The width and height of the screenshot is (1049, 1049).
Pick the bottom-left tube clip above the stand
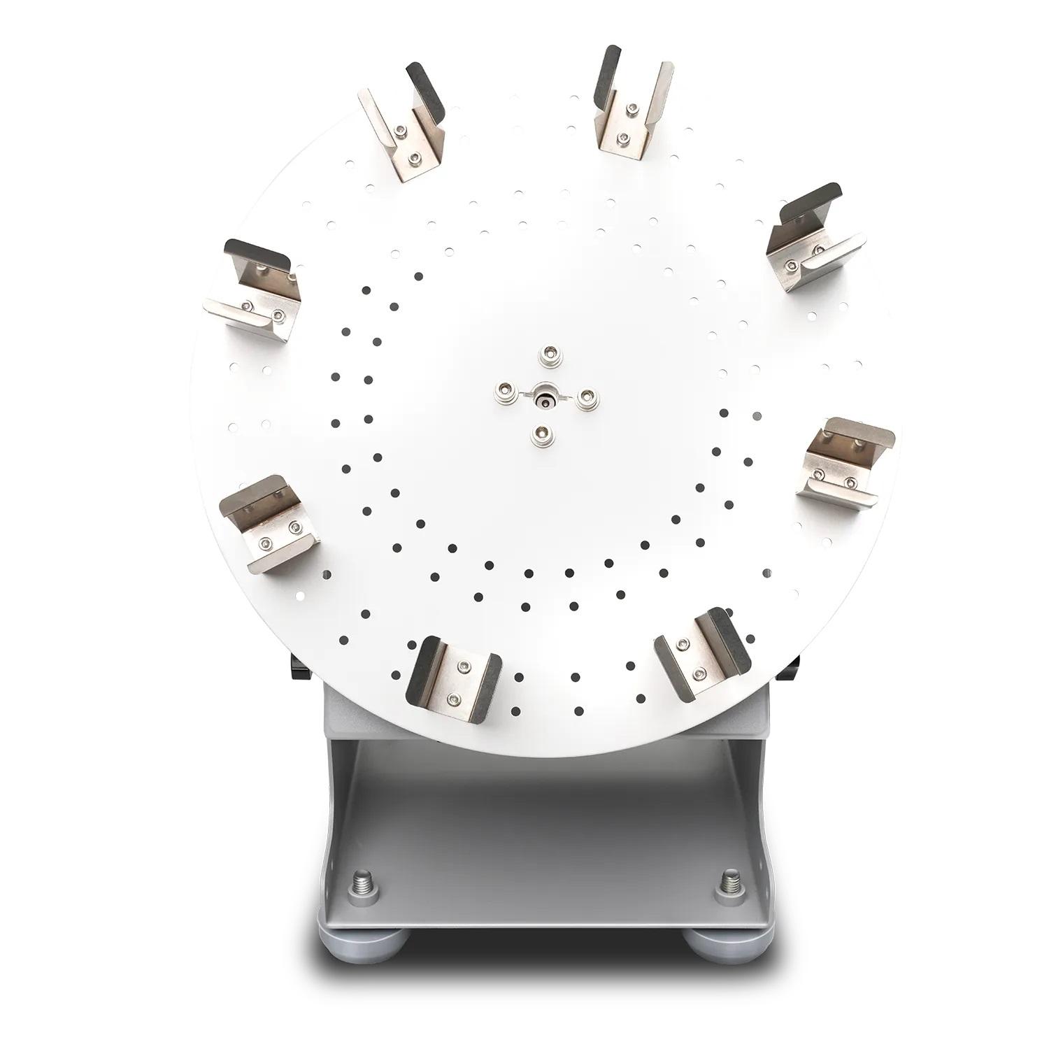(x=455, y=679)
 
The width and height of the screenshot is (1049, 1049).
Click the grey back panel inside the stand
(x=545, y=825)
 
